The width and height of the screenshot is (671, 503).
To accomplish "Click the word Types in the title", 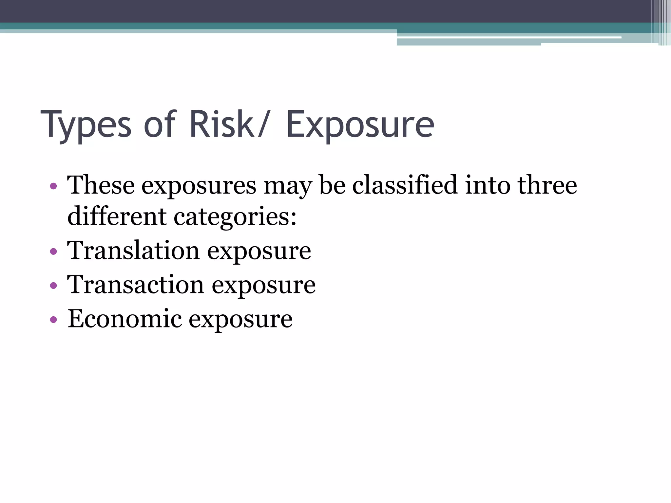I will pos(86,126).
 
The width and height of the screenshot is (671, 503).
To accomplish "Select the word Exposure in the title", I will pos(360,126).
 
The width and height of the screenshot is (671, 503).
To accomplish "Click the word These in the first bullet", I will pos(101,185).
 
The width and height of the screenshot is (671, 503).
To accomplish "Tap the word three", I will pos(547,185).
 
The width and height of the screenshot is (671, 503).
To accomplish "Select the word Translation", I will pos(133,251).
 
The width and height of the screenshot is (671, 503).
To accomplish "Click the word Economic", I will pos(125,319).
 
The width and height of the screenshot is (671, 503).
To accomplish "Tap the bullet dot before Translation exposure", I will pos(53,252).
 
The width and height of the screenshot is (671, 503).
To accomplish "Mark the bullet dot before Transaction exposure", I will pos(53,286).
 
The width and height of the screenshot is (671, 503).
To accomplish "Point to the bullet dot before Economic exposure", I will pos(53,320).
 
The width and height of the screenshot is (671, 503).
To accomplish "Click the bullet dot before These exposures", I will pos(53,187).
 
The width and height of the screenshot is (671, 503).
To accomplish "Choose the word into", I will pos(487,185).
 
